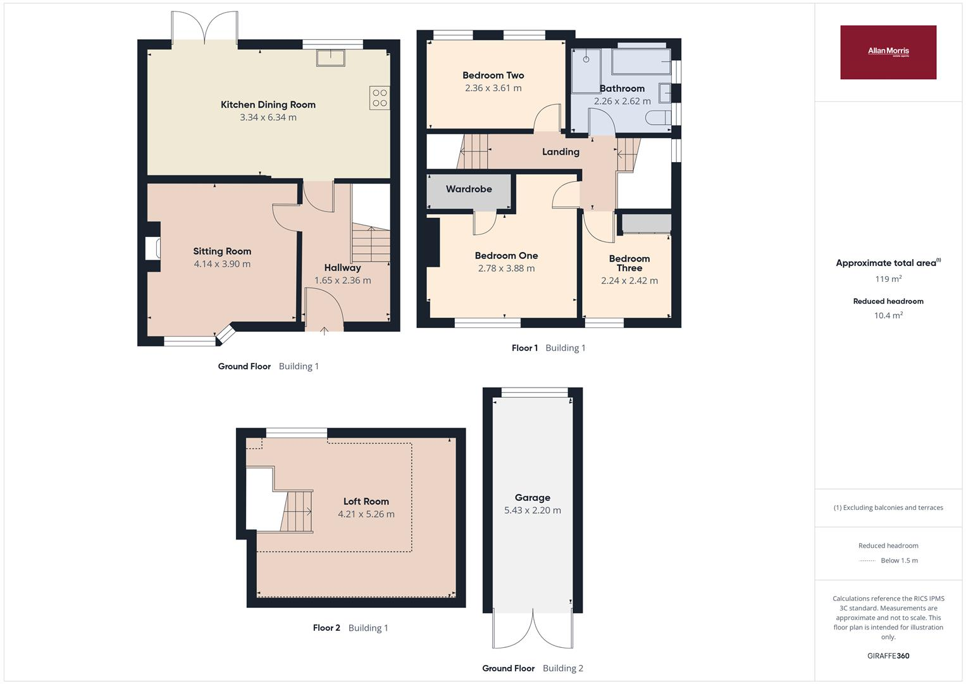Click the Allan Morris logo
[888, 52]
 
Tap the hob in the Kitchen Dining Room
[380, 98]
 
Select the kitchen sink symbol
[331, 58]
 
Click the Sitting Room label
[222, 251]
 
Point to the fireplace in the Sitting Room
[153, 249]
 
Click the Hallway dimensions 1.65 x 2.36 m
[342, 280]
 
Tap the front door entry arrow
[325, 331]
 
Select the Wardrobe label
[469, 189]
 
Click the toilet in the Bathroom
[659, 118]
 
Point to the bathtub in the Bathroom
[641, 62]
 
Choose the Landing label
[560, 151]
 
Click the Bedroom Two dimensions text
[493, 88]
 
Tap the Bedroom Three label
[629, 263]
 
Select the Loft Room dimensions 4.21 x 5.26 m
[366, 514]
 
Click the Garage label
[533, 497]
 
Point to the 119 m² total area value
[888, 279]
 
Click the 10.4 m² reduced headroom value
[888, 315]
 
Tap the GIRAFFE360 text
[888, 656]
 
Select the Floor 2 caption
[326, 628]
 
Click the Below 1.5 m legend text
[899, 560]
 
